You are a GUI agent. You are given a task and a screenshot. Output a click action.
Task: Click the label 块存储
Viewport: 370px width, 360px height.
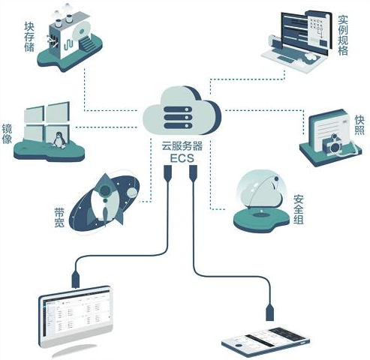click(29, 37)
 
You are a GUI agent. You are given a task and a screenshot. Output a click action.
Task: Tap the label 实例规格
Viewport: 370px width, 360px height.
click(343, 35)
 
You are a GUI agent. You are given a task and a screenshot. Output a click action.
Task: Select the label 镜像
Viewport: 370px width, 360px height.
click(7, 134)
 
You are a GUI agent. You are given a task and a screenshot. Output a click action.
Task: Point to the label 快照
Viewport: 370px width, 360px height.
click(359, 125)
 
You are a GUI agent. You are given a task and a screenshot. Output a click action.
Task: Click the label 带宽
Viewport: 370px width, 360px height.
click(59, 217)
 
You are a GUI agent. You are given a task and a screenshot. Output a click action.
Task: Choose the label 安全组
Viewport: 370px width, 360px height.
click(299, 209)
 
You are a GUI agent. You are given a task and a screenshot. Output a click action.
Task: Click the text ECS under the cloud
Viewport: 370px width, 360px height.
click(182, 158)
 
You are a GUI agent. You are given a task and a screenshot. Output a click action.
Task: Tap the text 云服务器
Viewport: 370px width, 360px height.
click(182, 146)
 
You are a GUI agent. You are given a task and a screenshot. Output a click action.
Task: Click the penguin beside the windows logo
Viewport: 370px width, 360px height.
click(59, 140)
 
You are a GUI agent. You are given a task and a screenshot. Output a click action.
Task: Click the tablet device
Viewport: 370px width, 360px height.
click(266, 342)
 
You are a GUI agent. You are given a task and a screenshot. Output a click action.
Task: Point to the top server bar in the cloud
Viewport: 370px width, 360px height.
click(178, 109)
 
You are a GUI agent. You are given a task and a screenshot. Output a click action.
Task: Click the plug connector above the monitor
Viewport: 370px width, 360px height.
click(76, 279)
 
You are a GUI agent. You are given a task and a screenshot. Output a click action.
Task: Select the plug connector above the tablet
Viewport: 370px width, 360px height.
click(269, 312)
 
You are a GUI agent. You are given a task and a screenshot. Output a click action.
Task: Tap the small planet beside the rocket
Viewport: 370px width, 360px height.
click(132, 192)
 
